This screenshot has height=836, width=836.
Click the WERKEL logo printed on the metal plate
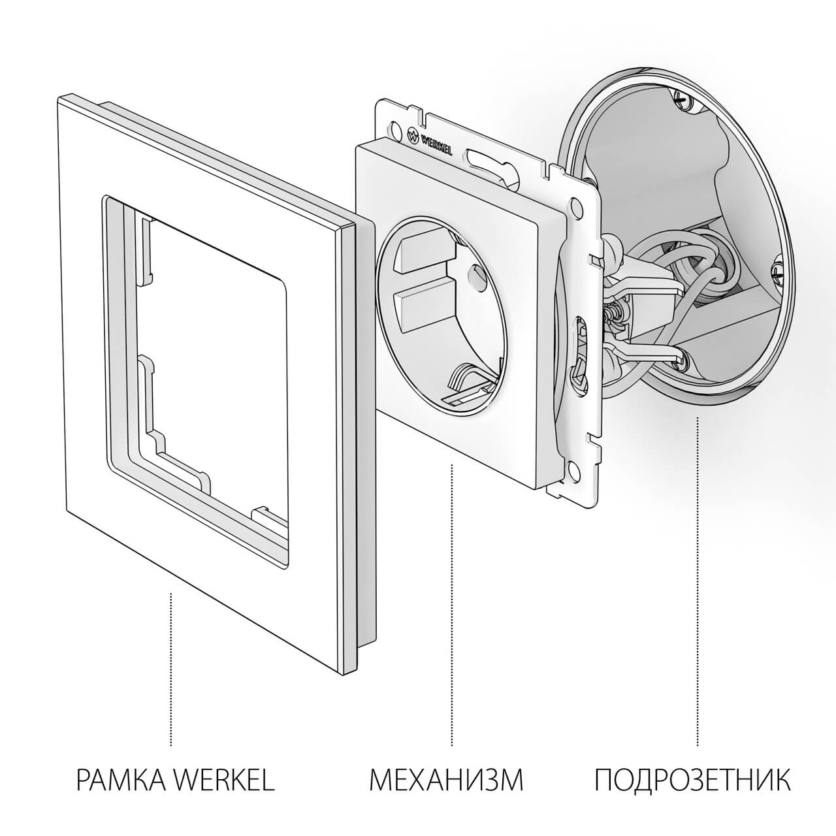tap(430, 140)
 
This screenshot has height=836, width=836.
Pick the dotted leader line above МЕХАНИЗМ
tap(452, 601)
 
